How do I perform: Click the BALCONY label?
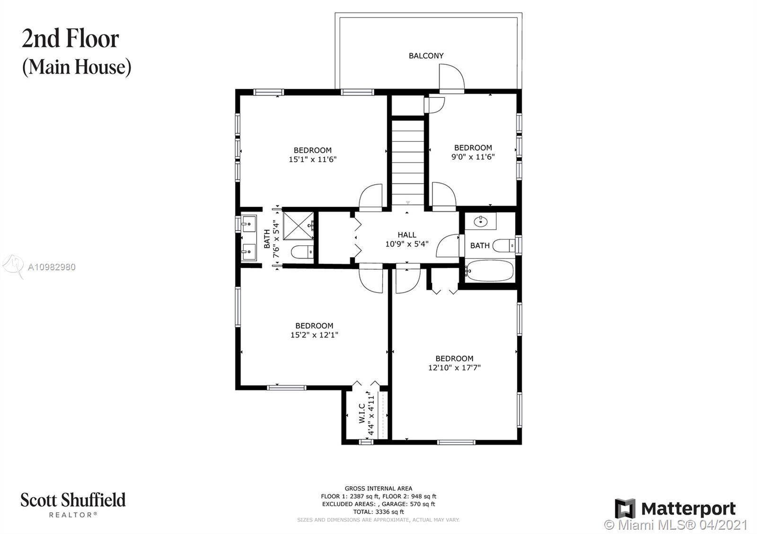(426, 56)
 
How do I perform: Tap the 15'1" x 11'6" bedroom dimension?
(313, 159)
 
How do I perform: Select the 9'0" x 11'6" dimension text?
(473, 156)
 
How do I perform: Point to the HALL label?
(407, 234)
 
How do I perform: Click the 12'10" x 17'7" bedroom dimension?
(454, 368)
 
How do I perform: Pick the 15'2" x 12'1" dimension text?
(314, 335)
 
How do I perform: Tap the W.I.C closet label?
(362, 413)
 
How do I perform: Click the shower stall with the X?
(299, 225)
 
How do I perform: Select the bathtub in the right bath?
(490, 270)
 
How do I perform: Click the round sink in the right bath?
(480, 222)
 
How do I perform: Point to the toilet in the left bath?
(302, 252)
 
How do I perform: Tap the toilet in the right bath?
(503, 245)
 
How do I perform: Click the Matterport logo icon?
(625, 508)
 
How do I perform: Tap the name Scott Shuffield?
(73, 500)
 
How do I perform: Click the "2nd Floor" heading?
(70, 38)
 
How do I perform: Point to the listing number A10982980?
(52, 267)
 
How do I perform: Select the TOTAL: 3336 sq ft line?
(378, 512)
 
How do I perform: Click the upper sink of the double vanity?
(249, 224)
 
